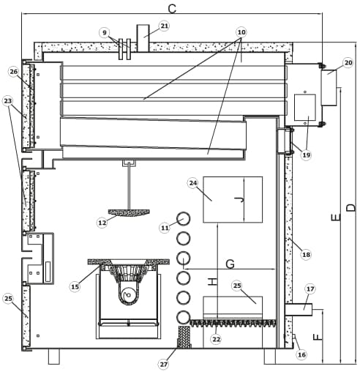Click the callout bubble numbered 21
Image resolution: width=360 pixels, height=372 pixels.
point(164,26)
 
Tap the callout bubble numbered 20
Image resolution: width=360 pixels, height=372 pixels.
point(348,63)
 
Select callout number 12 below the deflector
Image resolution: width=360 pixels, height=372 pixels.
point(102,223)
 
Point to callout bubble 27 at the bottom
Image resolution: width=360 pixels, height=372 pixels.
point(164,365)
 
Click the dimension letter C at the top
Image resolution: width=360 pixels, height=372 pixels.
point(172,9)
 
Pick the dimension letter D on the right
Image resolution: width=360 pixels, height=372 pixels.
point(351,207)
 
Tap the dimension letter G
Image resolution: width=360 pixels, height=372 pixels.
point(230,264)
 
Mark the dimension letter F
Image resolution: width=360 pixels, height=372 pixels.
point(318,338)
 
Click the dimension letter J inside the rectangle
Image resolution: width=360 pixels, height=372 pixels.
point(239,200)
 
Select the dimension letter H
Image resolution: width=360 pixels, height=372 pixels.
point(212,282)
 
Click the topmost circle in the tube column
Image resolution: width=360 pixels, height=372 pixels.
point(183,218)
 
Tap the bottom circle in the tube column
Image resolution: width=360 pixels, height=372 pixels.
point(183,317)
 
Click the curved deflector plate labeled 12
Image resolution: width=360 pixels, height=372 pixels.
point(129,212)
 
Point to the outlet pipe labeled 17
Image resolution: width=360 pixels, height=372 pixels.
point(299,310)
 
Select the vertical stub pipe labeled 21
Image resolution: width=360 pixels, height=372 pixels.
point(143,38)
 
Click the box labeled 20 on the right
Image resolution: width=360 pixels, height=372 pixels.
point(329,88)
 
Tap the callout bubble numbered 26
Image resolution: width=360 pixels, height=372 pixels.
point(14,72)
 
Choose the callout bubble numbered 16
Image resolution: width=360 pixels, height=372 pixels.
point(301,354)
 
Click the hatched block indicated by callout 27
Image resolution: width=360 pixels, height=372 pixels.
point(184,338)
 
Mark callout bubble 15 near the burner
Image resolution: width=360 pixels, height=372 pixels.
point(75,286)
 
